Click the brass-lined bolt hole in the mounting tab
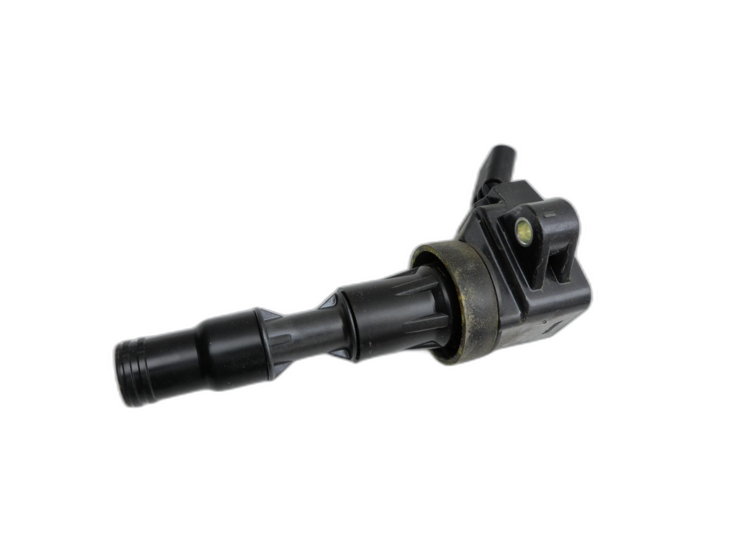click(x=523, y=231)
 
